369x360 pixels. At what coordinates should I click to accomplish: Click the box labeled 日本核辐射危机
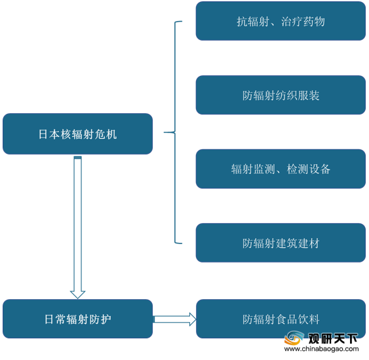77,134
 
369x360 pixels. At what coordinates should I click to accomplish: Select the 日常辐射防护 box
77,319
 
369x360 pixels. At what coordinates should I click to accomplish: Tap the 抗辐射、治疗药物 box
281,21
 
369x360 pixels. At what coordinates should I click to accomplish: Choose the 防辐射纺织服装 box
281,95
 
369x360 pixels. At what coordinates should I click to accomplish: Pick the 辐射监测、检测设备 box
281,169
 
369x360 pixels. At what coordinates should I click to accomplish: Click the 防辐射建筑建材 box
281,243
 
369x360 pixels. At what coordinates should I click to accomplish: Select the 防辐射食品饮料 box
281,319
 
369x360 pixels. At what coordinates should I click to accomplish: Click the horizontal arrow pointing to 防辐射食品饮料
174,319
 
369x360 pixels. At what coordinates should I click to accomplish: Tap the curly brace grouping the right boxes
175,132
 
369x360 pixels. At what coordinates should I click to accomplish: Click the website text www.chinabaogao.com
321,349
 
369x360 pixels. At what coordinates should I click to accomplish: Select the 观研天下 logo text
333,338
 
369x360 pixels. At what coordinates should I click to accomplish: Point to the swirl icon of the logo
294,338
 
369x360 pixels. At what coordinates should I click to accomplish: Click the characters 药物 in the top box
314,22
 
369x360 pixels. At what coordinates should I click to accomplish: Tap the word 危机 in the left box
106,134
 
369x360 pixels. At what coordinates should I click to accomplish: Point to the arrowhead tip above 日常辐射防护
77,298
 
